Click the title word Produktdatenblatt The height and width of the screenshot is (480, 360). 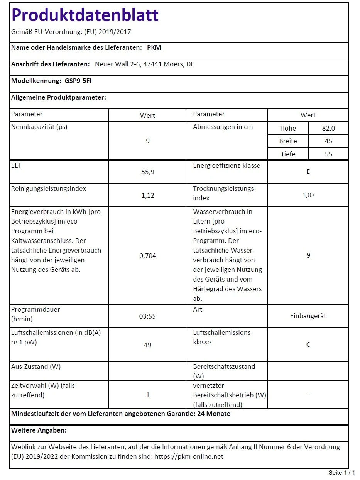coord(85,15)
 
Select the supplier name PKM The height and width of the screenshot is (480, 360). coord(154,48)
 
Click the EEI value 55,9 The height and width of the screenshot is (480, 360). coord(147,172)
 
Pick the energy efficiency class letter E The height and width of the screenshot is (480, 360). coord(308,171)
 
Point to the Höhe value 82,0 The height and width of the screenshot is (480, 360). coord(328,128)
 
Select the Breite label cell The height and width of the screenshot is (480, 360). coord(288,141)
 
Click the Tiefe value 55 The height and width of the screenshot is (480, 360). coord(328,154)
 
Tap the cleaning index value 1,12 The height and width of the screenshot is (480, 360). coord(147,195)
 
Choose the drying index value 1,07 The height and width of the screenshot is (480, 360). coord(308,195)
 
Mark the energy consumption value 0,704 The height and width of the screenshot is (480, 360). coord(147,256)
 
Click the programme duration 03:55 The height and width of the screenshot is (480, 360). coord(147,316)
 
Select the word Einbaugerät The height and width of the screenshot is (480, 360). coord(308,316)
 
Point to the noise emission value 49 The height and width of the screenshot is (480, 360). coord(147,344)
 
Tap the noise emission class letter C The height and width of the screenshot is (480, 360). coord(308,344)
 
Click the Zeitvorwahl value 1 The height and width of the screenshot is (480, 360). coord(147,395)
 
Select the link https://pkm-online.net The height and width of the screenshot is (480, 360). coord(189,456)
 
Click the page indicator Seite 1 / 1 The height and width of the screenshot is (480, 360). coord(341,473)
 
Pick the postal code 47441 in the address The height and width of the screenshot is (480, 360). coord(152,64)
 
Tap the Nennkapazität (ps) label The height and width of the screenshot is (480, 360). coord(39,127)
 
